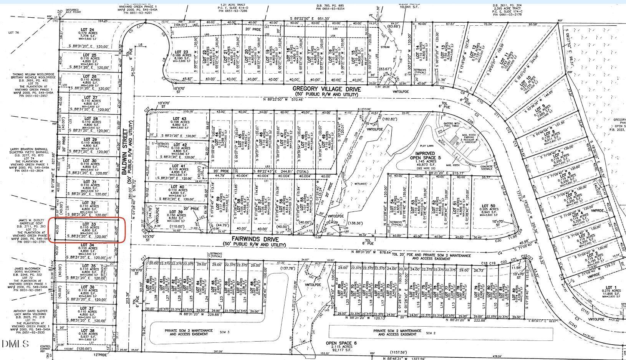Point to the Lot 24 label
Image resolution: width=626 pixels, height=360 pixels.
point(86,30)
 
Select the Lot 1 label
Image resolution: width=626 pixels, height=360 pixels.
point(610,287)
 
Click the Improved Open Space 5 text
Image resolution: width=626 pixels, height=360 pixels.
point(423,157)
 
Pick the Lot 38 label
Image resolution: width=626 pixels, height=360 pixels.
point(86,330)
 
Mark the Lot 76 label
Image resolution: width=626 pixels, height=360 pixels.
point(13,33)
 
